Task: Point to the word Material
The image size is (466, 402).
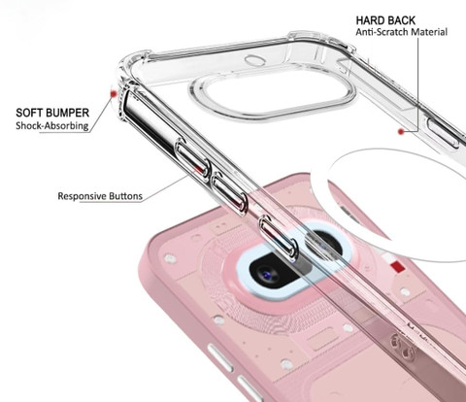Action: (423, 32)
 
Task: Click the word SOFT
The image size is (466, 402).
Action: (27, 113)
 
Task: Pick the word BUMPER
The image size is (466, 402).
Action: (65, 113)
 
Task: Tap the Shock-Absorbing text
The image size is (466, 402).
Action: (52, 125)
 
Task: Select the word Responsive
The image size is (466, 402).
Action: (82, 196)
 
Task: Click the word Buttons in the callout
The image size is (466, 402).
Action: (125, 196)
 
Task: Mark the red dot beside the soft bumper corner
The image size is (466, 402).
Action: (114, 94)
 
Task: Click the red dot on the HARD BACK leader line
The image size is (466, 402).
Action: (401, 131)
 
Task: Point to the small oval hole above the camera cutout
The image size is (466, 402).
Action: (255, 60)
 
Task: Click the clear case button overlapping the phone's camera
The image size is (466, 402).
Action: (279, 238)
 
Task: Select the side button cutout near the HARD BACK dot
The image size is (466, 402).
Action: (444, 133)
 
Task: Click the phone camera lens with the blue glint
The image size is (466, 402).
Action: (267, 275)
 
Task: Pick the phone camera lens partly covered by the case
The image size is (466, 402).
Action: (324, 245)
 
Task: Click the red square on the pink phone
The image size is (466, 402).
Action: (397, 267)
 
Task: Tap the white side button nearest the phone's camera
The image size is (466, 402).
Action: (220, 358)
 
